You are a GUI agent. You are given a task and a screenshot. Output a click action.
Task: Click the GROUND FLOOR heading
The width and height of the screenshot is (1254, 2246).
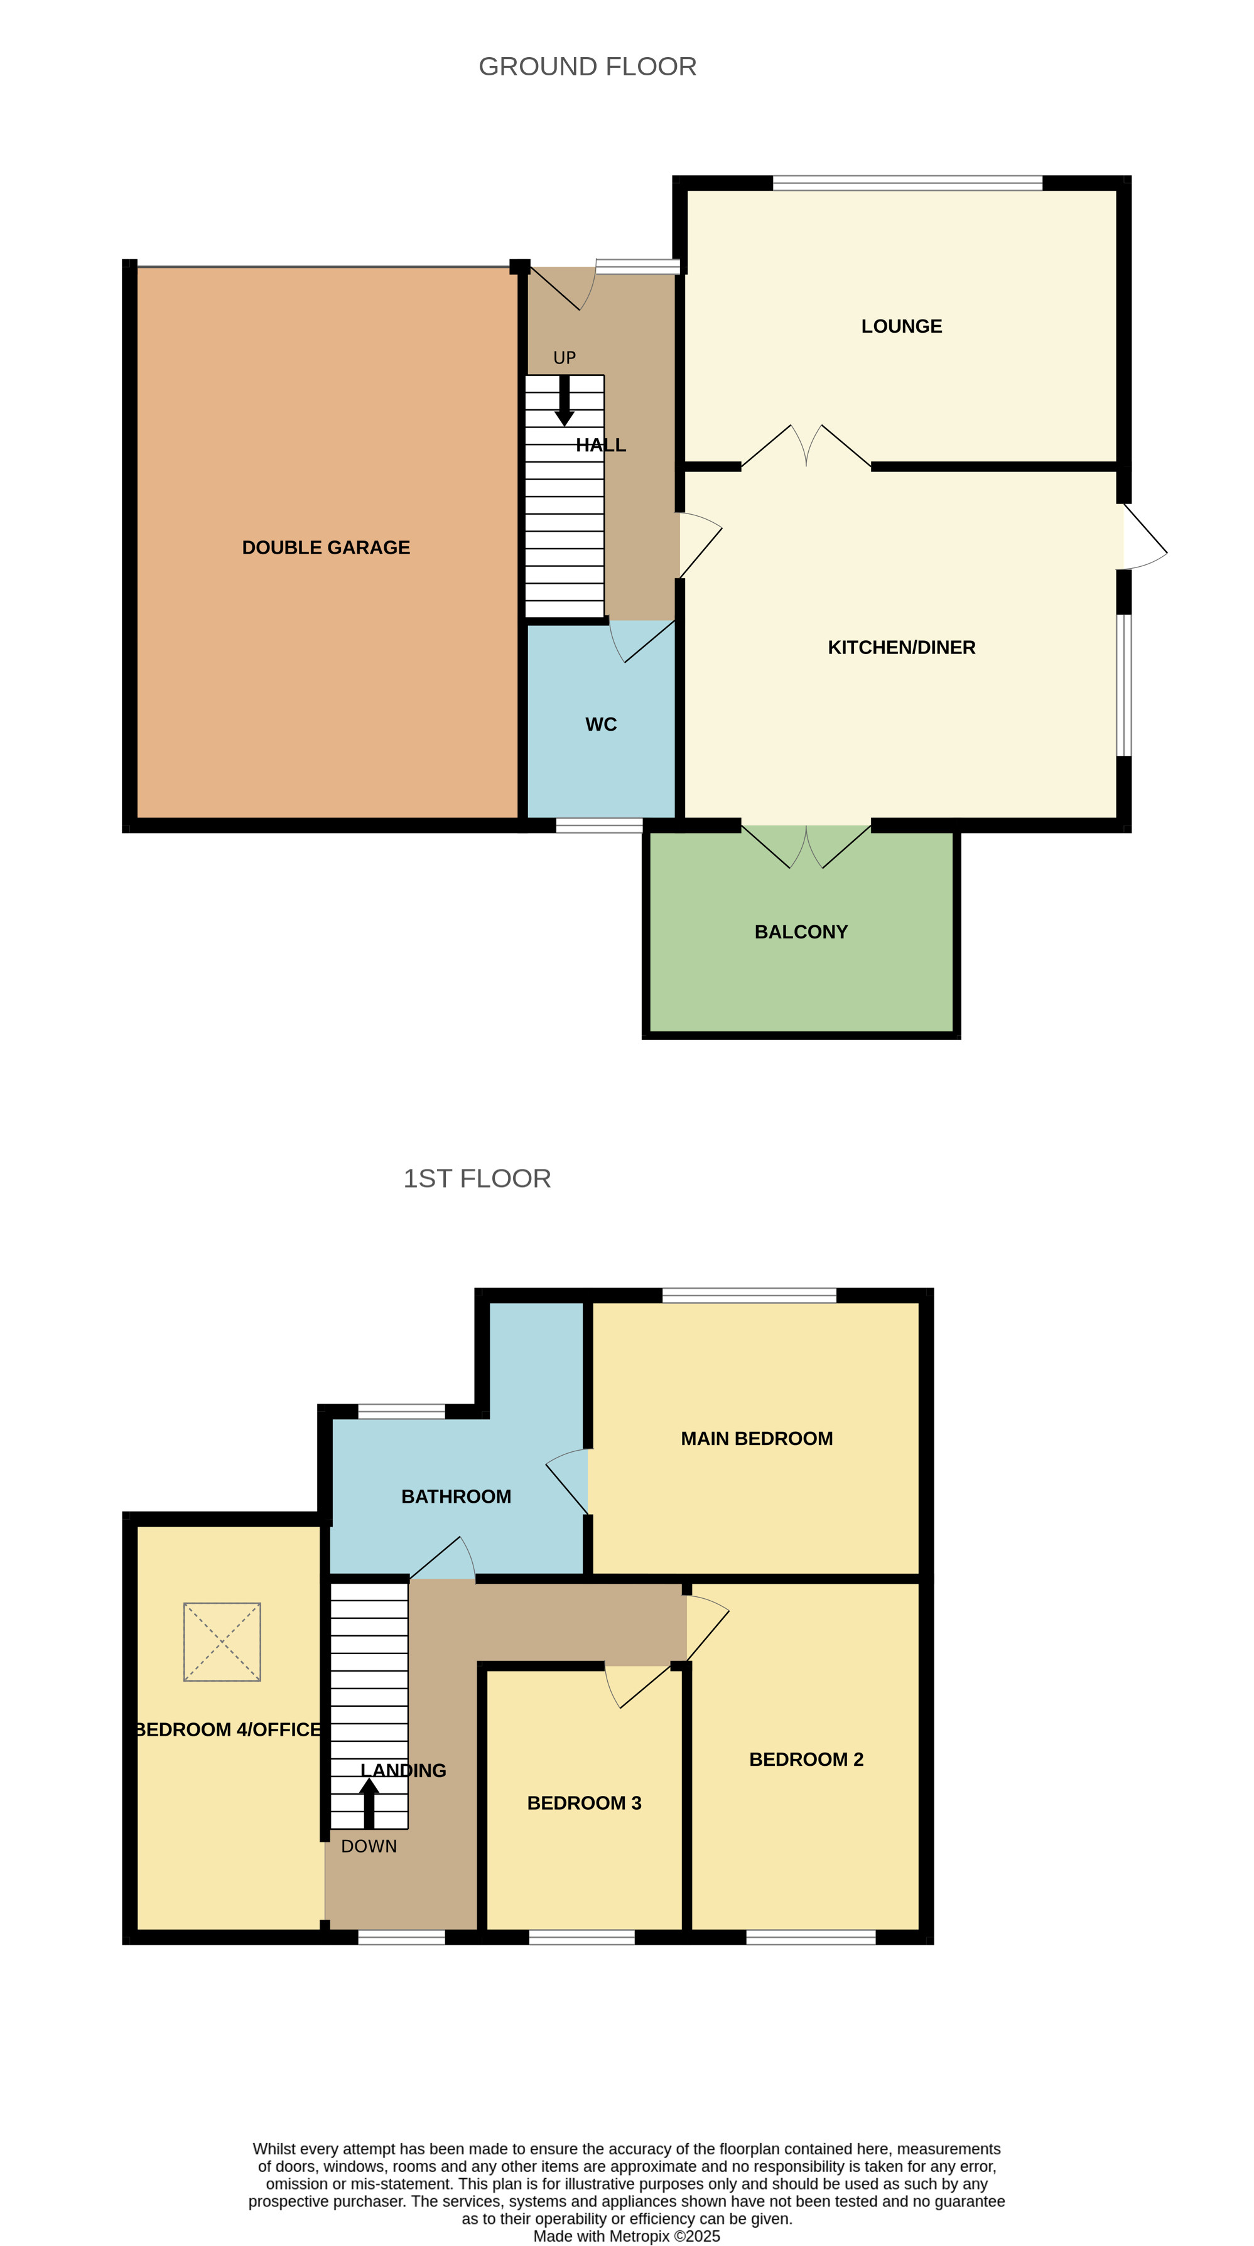[x=587, y=67]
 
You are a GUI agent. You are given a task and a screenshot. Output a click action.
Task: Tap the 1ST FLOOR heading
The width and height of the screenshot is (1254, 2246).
[x=477, y=1178]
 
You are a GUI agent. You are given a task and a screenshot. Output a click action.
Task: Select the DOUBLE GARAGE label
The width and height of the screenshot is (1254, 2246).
[x=326, y=547]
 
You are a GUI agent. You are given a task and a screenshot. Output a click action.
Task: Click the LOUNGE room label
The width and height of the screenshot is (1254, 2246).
[x=902, y=326]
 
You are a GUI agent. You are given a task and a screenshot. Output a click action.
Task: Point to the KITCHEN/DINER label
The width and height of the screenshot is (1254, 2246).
[x=902, y=647]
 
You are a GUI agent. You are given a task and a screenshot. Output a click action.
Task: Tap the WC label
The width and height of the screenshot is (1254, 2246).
[x=601, y=724]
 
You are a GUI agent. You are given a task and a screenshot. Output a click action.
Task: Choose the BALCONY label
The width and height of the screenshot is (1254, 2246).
[x=801, y=932]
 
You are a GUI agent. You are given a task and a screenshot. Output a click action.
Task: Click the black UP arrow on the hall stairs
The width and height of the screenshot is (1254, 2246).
[x=565, y=400]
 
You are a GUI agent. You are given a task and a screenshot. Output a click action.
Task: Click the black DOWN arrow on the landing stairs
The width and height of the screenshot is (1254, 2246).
[x=369, y=1802]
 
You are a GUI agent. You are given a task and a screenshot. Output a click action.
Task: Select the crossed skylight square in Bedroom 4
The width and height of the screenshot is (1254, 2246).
[x=222, y=1642]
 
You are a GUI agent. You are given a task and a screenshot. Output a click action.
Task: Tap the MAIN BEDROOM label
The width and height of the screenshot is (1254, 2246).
[x=757, y=1439]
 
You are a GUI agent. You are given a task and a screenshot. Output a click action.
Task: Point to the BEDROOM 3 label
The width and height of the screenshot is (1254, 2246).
[x=584, y=1803]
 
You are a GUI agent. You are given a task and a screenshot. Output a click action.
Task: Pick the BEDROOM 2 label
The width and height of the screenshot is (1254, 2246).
[x=807, y=1760]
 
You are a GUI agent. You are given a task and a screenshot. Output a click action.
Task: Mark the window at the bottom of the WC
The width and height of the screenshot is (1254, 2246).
[x=600, y=825]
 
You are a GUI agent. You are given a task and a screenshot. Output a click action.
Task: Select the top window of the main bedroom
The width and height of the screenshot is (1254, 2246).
[x=749, y=1296]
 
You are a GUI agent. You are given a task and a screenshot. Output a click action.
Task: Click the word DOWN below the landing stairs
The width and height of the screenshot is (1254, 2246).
[x=369, y=1847]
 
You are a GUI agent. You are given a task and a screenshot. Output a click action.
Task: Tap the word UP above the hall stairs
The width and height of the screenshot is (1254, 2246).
[x=565, y=357]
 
